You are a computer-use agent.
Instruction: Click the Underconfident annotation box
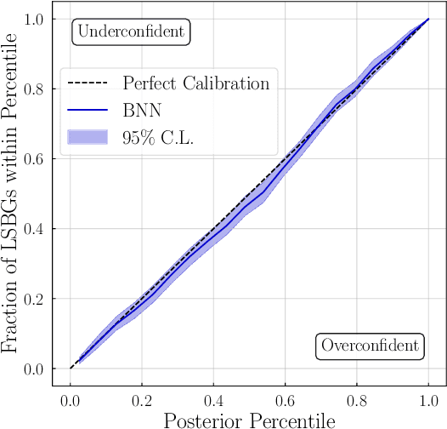pyautogui.click(x=131, y=32)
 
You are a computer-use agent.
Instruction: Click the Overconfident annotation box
pyautogui.click(x=370, y=346)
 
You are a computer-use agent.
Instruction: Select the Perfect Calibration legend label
pyautogui.click(x=195, y=83)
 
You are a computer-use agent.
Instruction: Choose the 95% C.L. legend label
pyautogui.click(x=158, y=137)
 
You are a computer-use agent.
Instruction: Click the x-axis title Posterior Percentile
pyautogui.click(x=249, y=419)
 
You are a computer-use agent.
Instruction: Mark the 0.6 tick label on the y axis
pyautogui.click(x=34, y=159)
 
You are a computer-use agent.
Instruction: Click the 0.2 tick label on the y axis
pyautogui.click(x=34, y=299)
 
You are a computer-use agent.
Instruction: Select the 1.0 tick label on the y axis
pyautogui.click(x=34, y=19)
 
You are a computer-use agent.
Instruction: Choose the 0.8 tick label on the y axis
pyautogui.click(x=34, y=89)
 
